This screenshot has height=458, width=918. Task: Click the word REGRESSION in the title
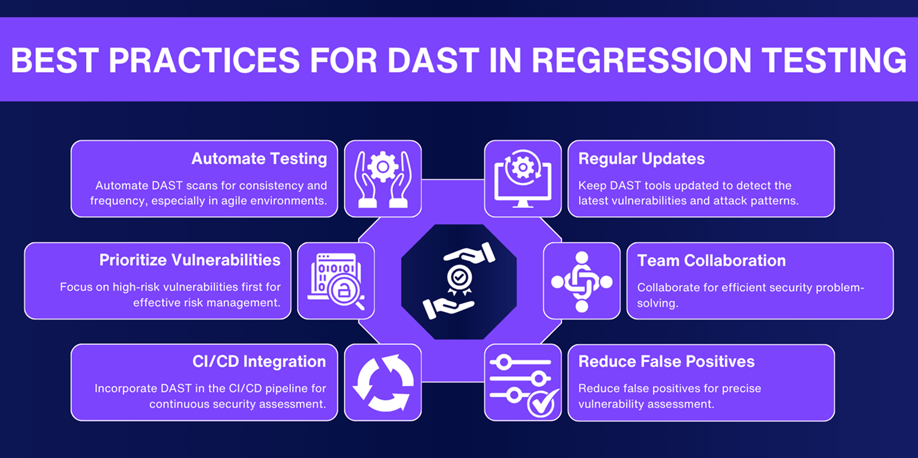[x=641, y=60]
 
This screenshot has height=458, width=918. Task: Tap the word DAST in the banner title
[x=433, y=60]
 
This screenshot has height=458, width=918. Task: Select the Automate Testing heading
[x=259, y=159]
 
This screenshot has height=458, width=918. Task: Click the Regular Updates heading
[x=641, y=159]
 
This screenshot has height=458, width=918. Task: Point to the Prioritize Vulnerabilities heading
[x=190, y=260]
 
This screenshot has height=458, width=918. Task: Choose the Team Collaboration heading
[x=711, y=261]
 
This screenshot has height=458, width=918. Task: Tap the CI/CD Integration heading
[x=259, y=361]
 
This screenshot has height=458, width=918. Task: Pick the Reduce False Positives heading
[x=666, y=361]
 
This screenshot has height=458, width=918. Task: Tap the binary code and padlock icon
[x=336, y=281]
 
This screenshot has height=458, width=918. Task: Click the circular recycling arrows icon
[x=383, y=382]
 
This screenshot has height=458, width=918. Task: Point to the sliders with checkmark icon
[x=523, y=383]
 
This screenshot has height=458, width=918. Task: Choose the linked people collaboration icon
[x=581, y=281]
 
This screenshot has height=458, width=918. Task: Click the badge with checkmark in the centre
[x=459, y=278]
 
